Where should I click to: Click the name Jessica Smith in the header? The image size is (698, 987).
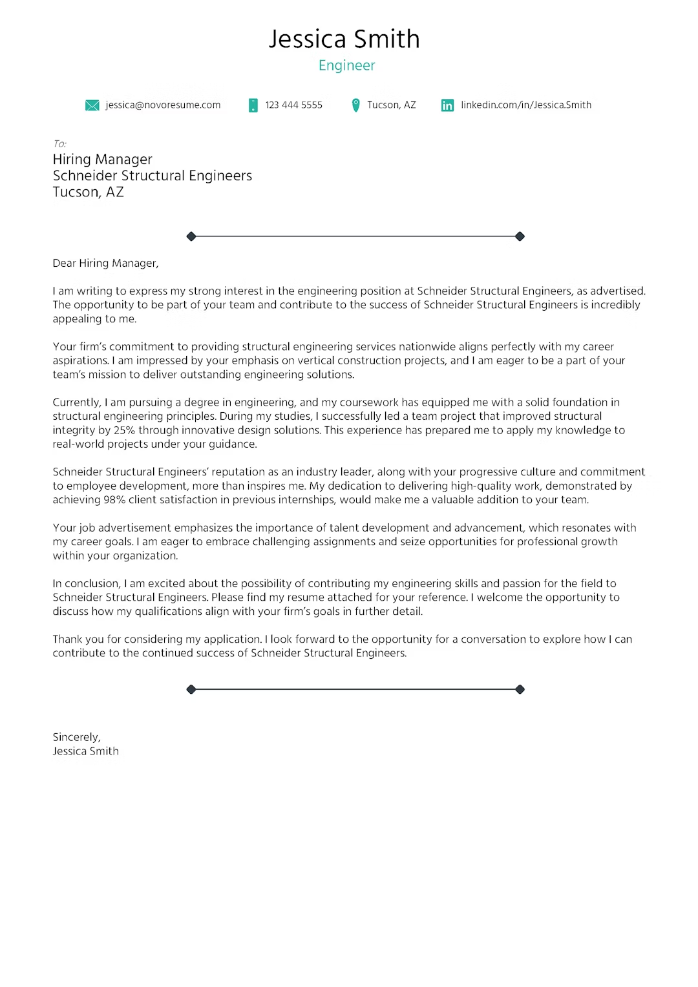pos(344,39)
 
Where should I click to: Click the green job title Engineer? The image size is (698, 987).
pos(346,66)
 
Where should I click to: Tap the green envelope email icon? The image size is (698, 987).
pos(92,105)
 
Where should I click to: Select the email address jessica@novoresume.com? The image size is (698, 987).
pos(163,105)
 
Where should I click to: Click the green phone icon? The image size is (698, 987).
pos(253,105)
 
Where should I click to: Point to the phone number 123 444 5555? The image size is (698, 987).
pos(293,105)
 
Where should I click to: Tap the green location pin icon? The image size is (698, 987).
pos(355,105)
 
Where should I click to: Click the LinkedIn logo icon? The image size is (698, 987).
pos(447,105)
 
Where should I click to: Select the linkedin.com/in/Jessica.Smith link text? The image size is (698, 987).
pos(525,105)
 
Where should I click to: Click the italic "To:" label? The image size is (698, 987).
pos(59,144)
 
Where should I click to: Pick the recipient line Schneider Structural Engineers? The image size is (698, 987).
pos(153,176)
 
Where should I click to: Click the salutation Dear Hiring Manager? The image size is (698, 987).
pos(105,264)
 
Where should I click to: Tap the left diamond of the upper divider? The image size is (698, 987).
pos(191,236)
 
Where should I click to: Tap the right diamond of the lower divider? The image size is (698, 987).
pos(520,690)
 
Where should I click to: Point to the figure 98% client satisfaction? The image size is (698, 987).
pos(114,500)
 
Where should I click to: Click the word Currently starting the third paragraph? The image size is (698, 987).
pos(76,402)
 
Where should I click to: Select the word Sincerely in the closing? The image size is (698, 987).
pos(76,737)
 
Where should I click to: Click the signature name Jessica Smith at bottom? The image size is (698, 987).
pos(85,751)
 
